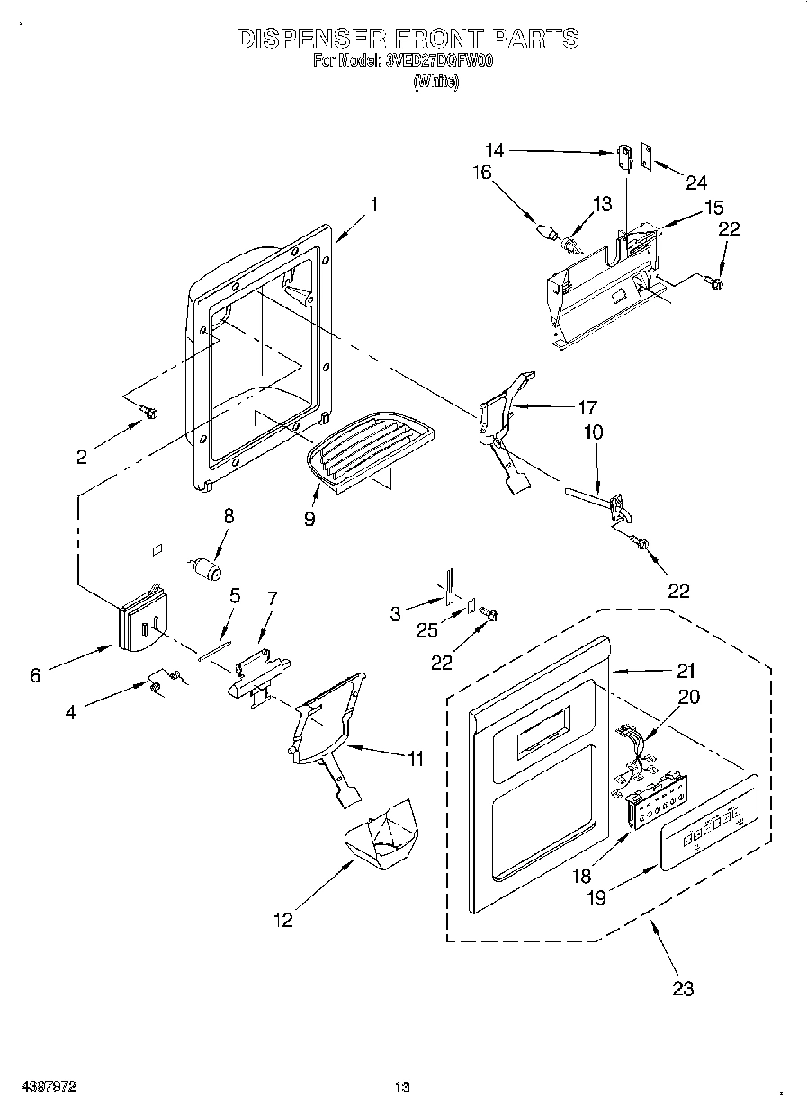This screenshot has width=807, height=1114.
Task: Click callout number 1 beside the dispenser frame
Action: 373,204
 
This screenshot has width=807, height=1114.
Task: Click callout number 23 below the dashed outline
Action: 683,988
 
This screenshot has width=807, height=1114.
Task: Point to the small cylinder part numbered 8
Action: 207,569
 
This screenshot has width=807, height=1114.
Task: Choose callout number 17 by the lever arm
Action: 587,406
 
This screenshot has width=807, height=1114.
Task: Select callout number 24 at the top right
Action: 696,183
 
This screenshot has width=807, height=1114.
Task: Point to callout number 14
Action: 495,151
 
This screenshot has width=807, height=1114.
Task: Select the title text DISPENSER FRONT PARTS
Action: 407,39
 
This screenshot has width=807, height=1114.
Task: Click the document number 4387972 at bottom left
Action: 50,1086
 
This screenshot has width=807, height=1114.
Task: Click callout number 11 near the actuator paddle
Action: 414,760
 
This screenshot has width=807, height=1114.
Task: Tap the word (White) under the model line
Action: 436,81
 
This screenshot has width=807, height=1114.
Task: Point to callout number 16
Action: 482,172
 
